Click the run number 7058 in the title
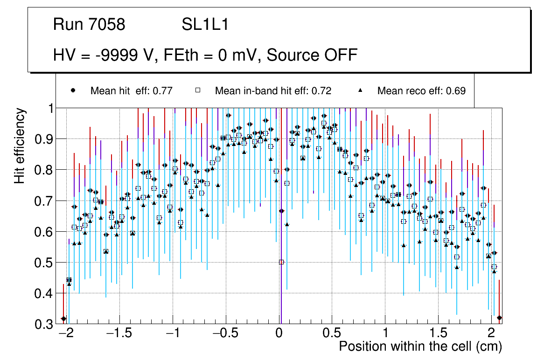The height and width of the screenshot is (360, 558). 107,25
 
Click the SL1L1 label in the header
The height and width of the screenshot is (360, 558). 205,25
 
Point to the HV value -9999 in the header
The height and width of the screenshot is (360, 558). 113,55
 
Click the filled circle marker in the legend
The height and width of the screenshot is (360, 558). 72,90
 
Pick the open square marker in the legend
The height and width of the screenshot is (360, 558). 197,90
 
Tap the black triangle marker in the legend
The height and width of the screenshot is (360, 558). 360,90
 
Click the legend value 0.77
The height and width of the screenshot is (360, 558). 163,91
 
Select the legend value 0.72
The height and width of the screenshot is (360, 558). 322,91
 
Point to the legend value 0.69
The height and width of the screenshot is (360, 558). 456,91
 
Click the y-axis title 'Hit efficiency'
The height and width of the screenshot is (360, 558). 20,145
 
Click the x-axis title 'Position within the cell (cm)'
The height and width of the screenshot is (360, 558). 420,347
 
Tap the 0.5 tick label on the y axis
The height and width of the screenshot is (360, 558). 44,263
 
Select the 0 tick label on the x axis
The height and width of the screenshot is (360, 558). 279,334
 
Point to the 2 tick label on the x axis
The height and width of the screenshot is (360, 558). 491,334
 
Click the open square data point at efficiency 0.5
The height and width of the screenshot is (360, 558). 281,262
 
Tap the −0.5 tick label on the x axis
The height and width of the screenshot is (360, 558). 226,334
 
